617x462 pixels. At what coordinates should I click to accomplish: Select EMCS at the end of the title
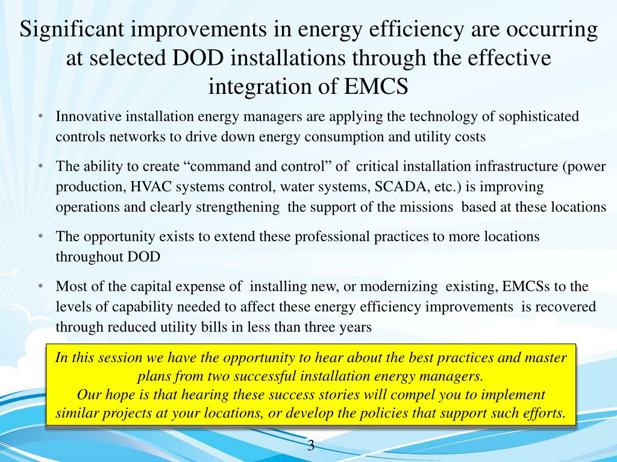[x=377, y=86]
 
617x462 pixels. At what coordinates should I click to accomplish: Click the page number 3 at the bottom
[x=311, y=446]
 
